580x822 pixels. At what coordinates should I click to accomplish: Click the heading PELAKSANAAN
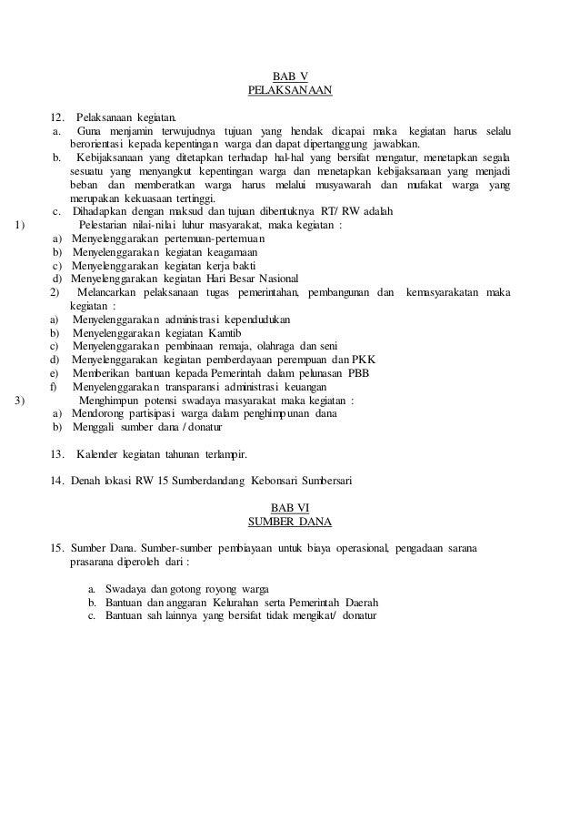tap(290, 90)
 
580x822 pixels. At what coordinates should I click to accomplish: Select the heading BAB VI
tap(290, 508)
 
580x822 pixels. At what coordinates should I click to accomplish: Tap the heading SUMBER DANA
tap(290, 523)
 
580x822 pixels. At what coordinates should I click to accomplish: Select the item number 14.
tap(57, 480)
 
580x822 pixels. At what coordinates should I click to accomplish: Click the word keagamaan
tap(232, 252)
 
